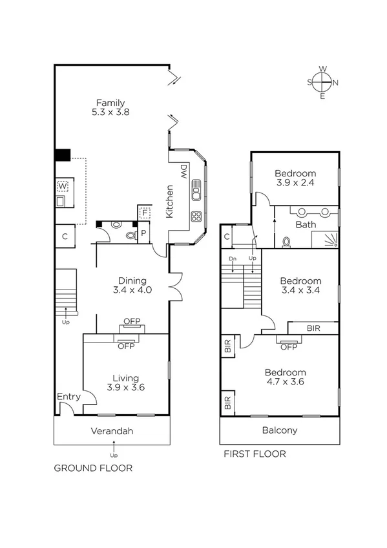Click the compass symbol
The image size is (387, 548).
[x=323, y=82]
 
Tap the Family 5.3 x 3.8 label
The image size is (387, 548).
[x=110, y=107]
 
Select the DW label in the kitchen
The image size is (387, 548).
[x=183, y=171]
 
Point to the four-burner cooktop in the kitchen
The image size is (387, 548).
[x=195, y=216]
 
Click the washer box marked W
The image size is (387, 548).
[x=63, y=186]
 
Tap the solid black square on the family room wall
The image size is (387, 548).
[x=62, y=155]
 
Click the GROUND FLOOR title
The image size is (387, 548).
[x=93, y=468]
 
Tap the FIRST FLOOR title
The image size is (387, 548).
[x=255, y=454]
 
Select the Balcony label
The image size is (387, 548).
[x=279, y=430]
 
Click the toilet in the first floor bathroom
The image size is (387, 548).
[x=287, y=242]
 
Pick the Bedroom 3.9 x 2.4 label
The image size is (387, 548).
[x=295, y=178]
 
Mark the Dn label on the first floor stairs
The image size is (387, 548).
[x=233, y=259]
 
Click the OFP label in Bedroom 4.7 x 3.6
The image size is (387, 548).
[x=288, y=346]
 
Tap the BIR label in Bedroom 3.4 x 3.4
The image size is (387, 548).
[x=313, y=328]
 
